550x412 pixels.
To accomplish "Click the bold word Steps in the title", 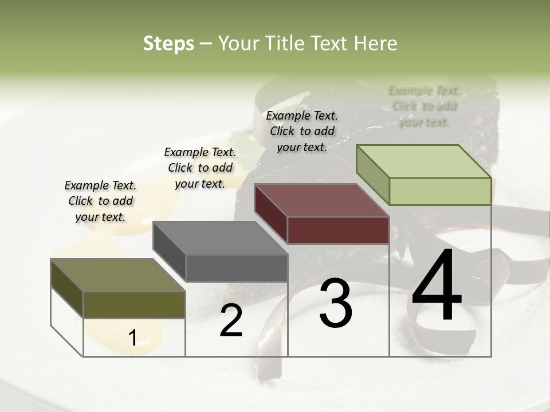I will (168, 43).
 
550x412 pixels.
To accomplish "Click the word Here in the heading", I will (376, 43).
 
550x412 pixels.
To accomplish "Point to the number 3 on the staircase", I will (336, 303).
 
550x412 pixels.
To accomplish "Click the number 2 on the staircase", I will (231, 320).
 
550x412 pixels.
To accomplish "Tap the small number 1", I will (132, 338).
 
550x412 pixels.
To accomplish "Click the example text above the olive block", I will (100, 201).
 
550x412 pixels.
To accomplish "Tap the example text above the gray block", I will (200, 168).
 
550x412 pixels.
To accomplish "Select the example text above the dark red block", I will (302, 131).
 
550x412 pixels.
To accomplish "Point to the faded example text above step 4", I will (424, 106).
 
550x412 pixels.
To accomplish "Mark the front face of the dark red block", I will (338, 230).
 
